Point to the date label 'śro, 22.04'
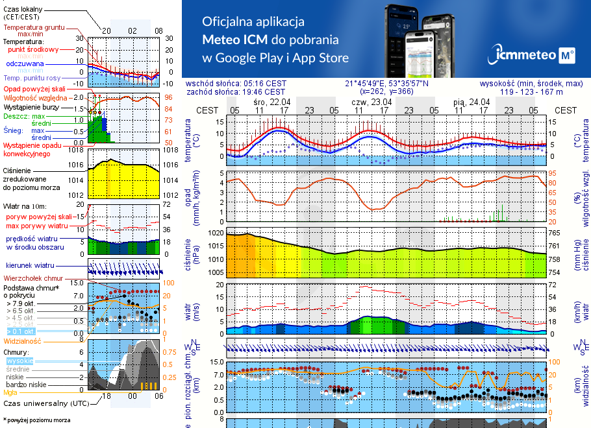(x=271, y=102)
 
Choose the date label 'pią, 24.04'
(x=471, y=102)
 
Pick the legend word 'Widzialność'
(x=23, y=340)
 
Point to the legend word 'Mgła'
(x=10, y=392)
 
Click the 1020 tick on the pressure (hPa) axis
(x=216, y=233)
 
